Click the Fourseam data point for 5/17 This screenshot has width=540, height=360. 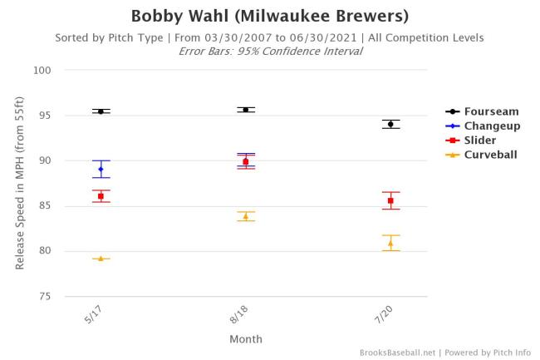pyautogui.click(x=101, y=111)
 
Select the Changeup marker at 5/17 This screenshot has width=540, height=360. pyautogui.click(x=101, y=169)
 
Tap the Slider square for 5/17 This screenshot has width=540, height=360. pyautogui.click(x=101, y=196)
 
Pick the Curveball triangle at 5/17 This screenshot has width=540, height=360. pyautogui.click(x=101, y=259)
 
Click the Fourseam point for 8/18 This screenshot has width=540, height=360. pyautogui.click(x=246, y=110)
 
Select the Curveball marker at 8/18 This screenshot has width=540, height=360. pyautogui.click(x=246, y=216)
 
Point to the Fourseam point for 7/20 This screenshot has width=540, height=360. pyautogui.click(x=390, y=124)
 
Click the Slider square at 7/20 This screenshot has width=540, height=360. pyautogui.click(x=390, y=200)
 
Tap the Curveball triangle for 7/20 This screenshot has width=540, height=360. pyautogui.click(x=390, y=243)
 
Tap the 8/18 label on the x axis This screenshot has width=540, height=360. pyautogui.click(x=239, y=315)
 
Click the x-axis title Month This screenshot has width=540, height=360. pyautogui.click(x=246, y=338)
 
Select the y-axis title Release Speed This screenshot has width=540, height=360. pyautogui.click(x=20, y=183)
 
